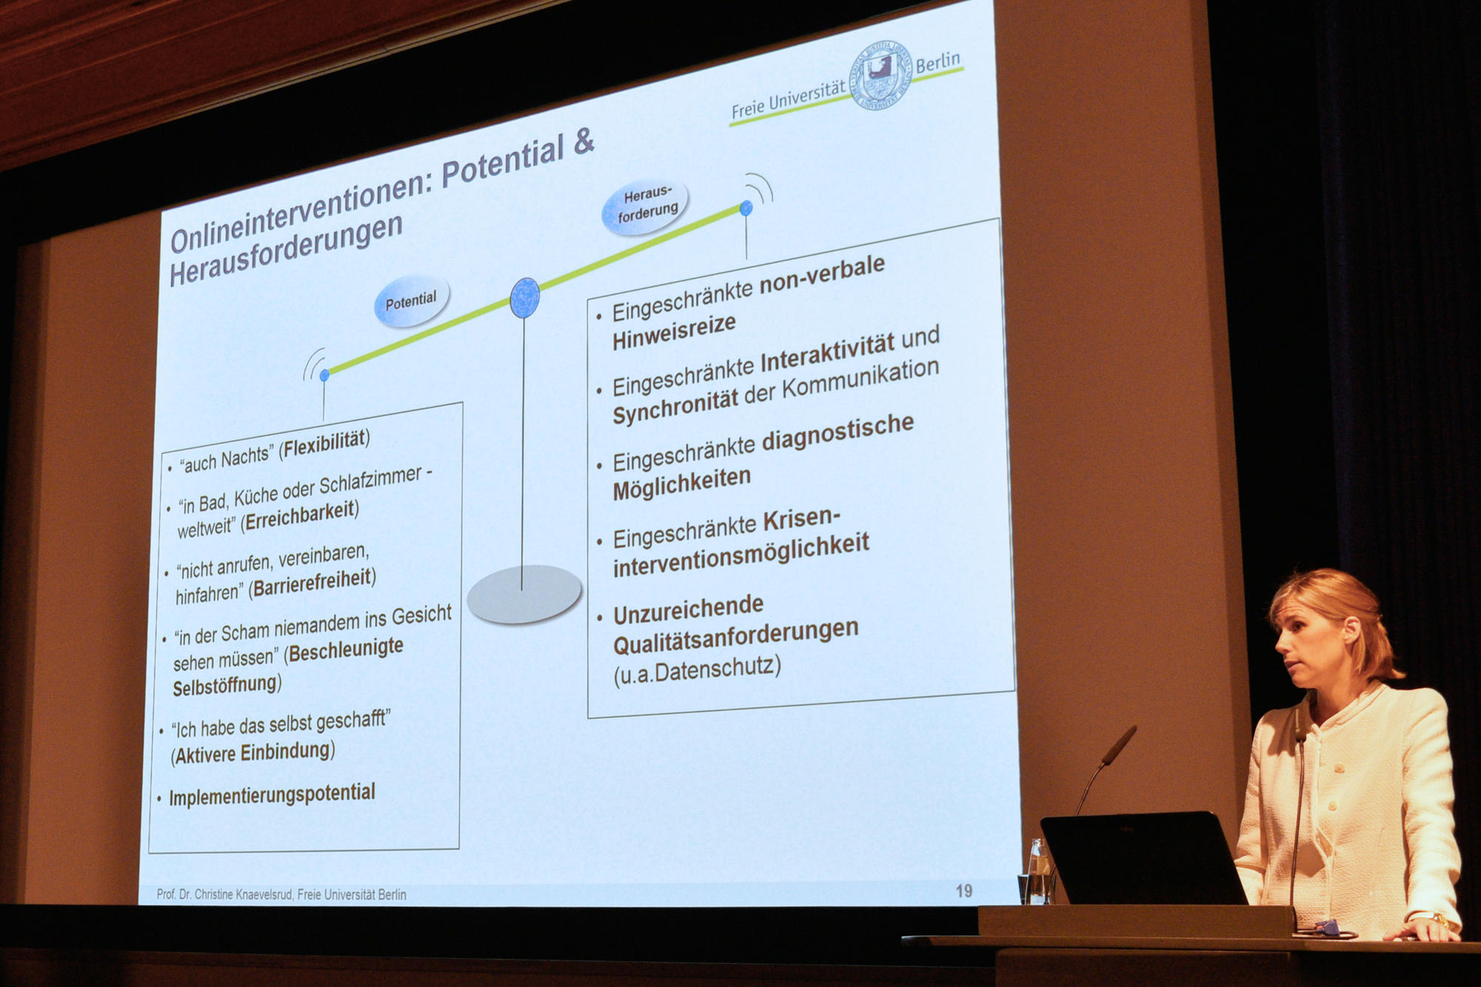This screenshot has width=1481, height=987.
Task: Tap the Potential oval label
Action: coord(411,301)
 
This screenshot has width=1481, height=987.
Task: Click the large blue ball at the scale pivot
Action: coord(525,298)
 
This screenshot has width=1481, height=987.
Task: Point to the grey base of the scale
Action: coord(524,594)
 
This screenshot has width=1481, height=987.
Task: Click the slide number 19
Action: coord(963,891)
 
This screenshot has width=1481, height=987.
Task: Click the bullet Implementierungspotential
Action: coord(272,794)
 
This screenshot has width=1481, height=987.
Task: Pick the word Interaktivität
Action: coord(827,353)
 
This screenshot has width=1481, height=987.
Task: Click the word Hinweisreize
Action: coord(674,332)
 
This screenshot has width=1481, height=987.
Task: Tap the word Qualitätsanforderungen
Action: coord(735,637)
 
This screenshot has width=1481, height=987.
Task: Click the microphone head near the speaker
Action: coord(1118,744)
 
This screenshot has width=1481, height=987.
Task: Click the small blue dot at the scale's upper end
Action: coord(746,208)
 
